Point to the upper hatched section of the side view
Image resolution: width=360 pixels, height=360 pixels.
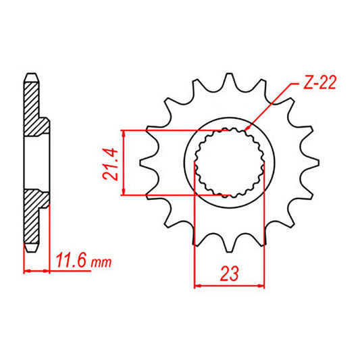pos(35,108)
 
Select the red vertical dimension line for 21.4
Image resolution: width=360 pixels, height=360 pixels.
pos(123,162)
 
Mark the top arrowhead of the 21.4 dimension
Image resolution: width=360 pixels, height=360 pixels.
pos(123,131)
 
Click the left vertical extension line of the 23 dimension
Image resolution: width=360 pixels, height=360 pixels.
pos(195,236)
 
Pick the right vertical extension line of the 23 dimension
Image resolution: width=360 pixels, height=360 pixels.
pos(264,236)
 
